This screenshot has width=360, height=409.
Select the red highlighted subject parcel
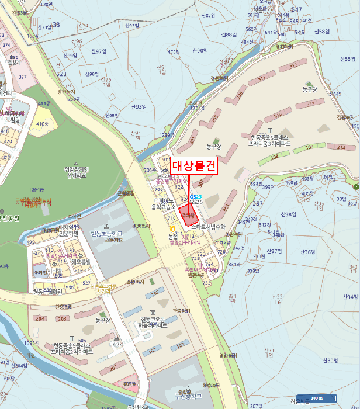click(188, 214)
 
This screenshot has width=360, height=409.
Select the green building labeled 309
click(309, 147)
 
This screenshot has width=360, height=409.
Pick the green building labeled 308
click(272, 157)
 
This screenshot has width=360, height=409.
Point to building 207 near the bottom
click(112, 366)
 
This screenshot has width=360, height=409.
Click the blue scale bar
click(316, 397)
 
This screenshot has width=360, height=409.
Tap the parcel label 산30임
click(331, 360)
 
